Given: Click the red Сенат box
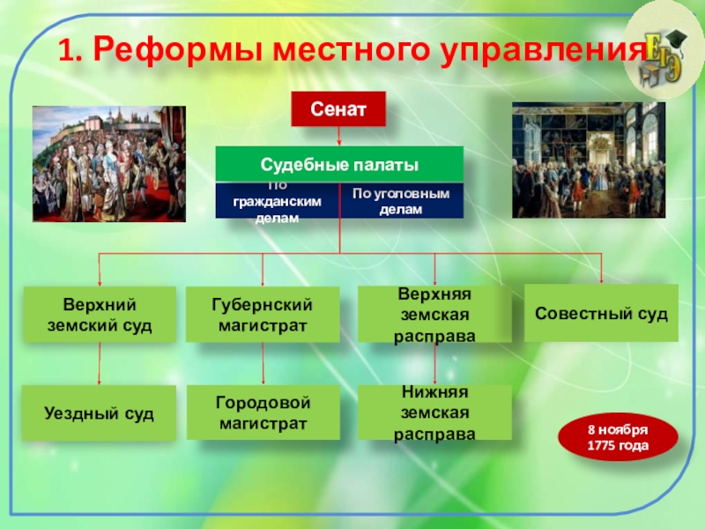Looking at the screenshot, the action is (x=338, y=108).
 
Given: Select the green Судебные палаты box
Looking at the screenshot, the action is (x=339, y=164).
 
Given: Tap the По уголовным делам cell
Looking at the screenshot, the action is (x=401, y=201).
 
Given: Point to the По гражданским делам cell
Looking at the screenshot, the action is (x=278, y=201).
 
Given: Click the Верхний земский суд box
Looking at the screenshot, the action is (x=100, y=315).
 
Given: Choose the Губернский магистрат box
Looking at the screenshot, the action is (x=263, y=315).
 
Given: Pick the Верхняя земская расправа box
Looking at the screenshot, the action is (x=434, y=315).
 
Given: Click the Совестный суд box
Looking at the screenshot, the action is (x=601, y=313).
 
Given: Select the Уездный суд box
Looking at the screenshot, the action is (x=99, y=413).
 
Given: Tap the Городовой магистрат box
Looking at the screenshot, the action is (x=263, y=413).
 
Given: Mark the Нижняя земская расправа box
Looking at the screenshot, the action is (x=434, y=413).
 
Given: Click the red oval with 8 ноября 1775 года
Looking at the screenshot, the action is (x=618, y=437).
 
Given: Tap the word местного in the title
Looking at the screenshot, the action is (x=351, y=49).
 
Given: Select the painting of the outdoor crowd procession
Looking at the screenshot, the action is (x=109, y=164).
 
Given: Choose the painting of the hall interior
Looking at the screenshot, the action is (x=589, y=160).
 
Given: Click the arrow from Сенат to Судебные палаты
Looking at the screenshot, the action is (x=339, y=136).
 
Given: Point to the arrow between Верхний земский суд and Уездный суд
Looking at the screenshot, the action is (x=100, y=363).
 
